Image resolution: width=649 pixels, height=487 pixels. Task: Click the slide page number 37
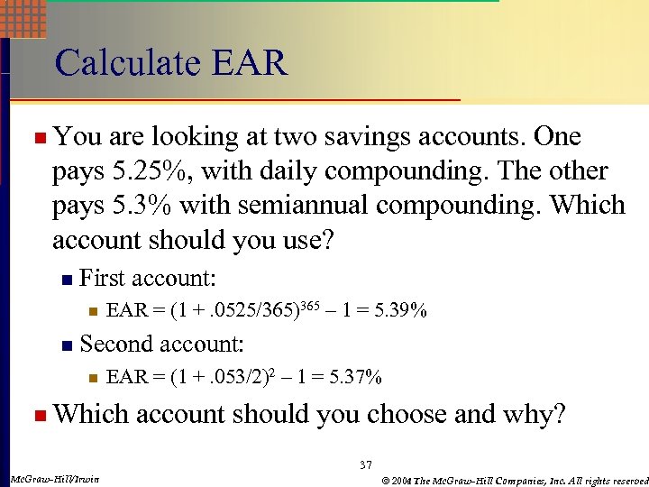click(x=365, y=464)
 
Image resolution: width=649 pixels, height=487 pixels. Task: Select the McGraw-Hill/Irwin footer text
click(x=53, y=478)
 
